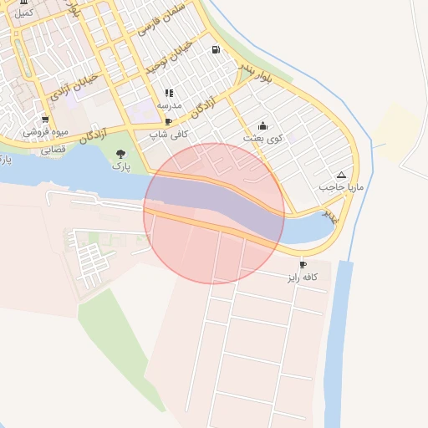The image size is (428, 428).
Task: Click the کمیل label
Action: (x=24, y=13)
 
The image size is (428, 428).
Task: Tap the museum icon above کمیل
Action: (x=25, y=3)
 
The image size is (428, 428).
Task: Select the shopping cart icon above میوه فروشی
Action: (x=44, y=120)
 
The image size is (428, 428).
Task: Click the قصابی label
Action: (x=53, y=150)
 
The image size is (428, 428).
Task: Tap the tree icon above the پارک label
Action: (x=122, y=153)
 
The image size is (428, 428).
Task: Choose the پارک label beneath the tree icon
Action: (x=122, y=166)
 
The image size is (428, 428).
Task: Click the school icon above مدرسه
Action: (x=169, y=93)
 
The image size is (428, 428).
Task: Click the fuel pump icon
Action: (x=217, y=49)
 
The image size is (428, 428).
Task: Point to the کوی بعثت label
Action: (x=263, y=137)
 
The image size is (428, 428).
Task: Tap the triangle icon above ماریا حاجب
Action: (x=340, y=175)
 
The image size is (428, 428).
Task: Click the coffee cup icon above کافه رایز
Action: (x=303, y=265)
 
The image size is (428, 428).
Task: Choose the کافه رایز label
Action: (x=307, y=278)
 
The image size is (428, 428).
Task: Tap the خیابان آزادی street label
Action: (x=74, y=85)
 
